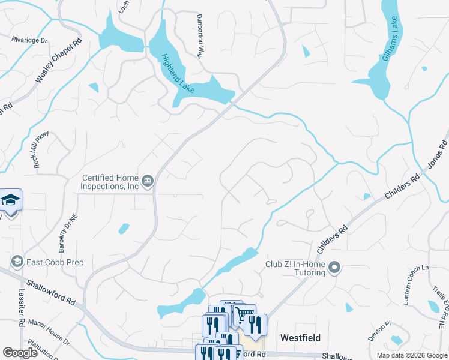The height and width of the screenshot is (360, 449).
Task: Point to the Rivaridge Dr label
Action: (x=29, y=40)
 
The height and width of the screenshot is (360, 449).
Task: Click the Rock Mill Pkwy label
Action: (x=41, y=151)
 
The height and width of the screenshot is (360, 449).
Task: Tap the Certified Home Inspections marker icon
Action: (x=148, y=180)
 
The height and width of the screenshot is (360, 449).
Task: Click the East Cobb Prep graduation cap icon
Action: (x=17, y=262)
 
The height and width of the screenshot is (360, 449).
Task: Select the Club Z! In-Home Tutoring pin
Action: (x=335, y=268)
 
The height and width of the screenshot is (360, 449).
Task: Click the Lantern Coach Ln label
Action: (x=414, y=285)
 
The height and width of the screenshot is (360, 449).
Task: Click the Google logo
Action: (x=20, y=353)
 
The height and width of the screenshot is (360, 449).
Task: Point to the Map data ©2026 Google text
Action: (x=411, y=355)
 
